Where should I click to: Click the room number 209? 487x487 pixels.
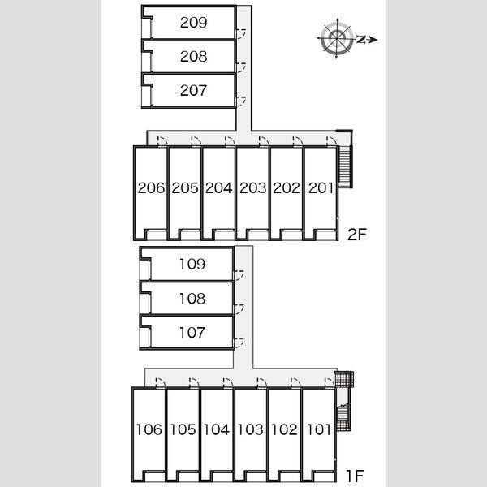[193, 23]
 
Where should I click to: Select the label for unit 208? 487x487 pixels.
[193, 57]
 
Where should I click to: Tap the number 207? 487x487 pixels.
[193, 90]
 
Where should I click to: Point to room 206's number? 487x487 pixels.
[151, 188]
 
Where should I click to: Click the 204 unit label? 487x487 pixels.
[218, 188]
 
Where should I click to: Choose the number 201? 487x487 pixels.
[321, 188]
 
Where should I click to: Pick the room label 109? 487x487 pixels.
[192, 264]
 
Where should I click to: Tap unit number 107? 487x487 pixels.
[192, 333]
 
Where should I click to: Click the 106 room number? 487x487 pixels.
[149, 429]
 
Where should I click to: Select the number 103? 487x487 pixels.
[250, 429]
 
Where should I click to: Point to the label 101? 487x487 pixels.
[319, 429]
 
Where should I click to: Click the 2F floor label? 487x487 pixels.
[357, 235]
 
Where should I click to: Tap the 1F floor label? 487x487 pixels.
[355, 475]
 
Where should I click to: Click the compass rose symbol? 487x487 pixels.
[337, 39]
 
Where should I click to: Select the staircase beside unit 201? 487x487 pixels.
[345, 166]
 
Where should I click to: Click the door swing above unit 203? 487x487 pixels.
[264, 141]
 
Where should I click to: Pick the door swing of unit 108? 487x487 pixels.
[239, 309]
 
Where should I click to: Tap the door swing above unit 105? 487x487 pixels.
[194, 383]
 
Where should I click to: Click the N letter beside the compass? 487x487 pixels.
[360, 40]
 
